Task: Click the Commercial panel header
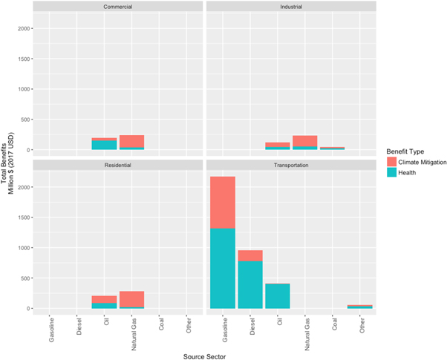pyautogui.click(x=114, y=7)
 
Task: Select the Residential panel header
pyautogui.click(x=114, y=164)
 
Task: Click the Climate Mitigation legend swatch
pyautogui.click(x=393, y=162)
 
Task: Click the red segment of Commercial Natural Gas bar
pyautogui.click(x=131, y=141)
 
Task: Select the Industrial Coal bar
pyautogui.click(x=332, y=148)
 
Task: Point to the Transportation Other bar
pyautogui.click(x=360, y=306)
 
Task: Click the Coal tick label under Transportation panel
pyautogui.click(x=332, y=324)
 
